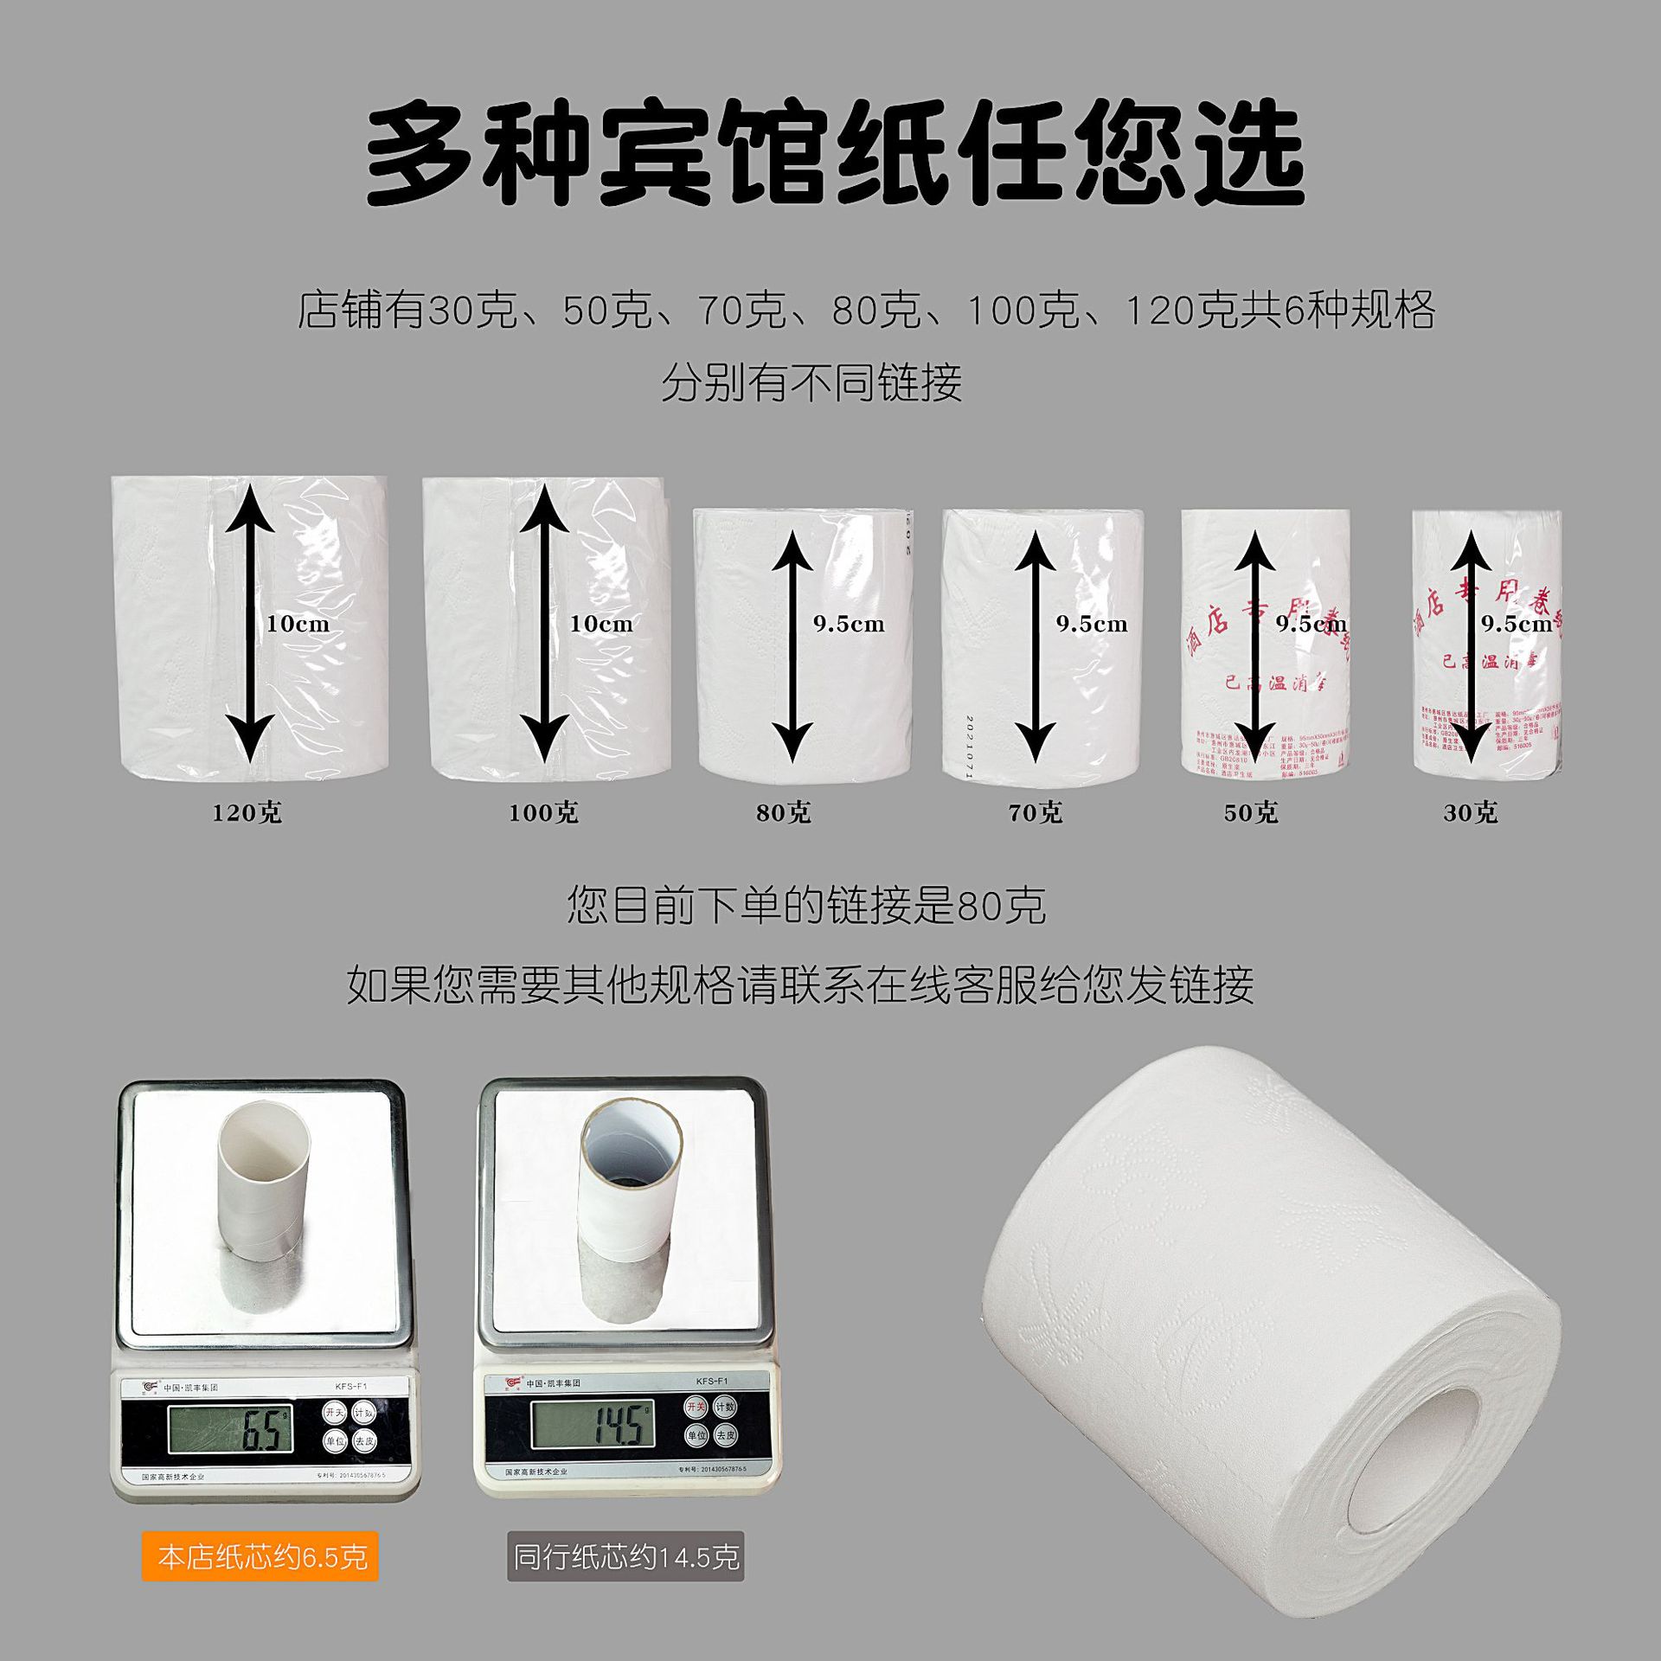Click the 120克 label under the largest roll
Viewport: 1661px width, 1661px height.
[x=247, y=812]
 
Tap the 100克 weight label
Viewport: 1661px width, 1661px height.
[x=543, y=812]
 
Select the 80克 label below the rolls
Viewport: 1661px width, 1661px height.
[x=784, y=812]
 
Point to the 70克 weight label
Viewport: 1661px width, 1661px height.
[x=1036, y=812]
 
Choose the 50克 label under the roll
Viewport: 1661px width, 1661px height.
[x=1251, y=812]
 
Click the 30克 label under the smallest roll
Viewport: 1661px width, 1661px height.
[x=1471, y=812]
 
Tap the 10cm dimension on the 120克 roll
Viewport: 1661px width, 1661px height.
[x=298, y=624]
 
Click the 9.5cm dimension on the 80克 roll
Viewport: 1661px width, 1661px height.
[x=849, y=624]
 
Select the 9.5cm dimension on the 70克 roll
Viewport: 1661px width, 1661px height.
[x=1092, y=624]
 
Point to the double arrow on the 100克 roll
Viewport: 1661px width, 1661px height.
[x=544, y=623]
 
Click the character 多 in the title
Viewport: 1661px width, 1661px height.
[x=421, y=154]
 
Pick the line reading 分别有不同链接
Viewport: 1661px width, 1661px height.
[x=811, y=382]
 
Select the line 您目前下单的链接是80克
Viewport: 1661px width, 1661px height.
[x=806, y=906]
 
